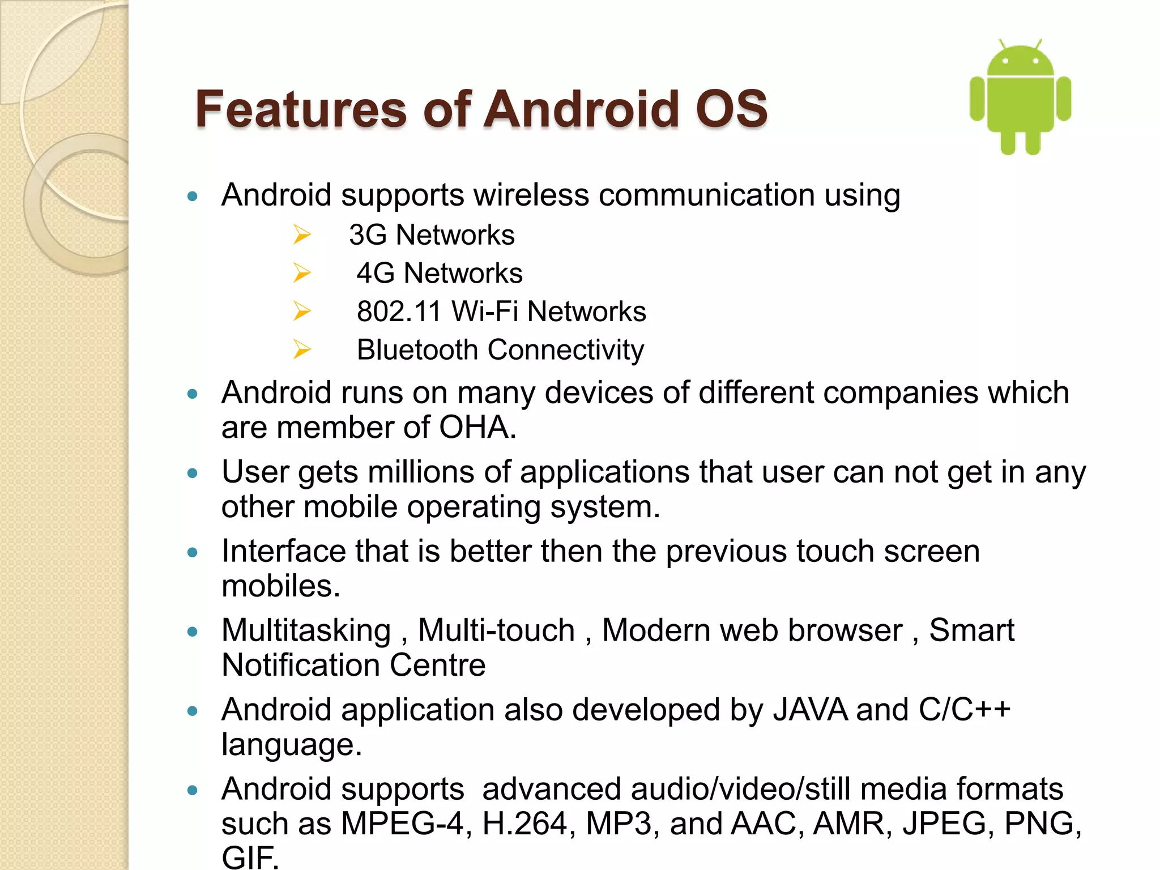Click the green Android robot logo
1020,97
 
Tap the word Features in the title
301,109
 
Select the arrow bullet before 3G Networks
302,234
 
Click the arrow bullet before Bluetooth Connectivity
302,349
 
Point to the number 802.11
398,312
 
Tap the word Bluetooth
417,350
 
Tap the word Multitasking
306,630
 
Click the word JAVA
810,710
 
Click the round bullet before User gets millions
193,473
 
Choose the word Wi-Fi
485,312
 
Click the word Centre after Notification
437,665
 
